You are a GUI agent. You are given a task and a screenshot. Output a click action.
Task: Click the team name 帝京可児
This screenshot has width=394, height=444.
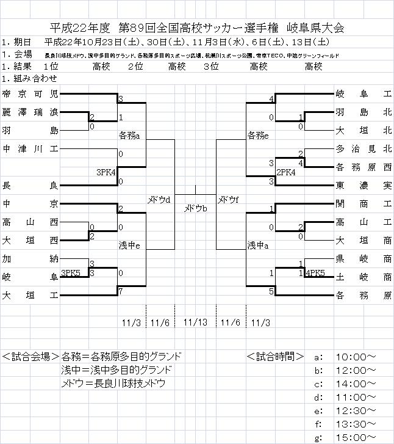pos(30,94)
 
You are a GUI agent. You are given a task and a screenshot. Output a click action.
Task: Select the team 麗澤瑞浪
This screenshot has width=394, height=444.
pos(30,113)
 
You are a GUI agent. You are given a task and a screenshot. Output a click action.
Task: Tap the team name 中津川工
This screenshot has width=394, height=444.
pos(30,148)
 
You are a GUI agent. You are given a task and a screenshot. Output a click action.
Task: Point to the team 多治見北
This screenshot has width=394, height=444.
pos(363,148)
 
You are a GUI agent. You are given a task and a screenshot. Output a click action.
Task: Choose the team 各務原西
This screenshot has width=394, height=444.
pos(363,167)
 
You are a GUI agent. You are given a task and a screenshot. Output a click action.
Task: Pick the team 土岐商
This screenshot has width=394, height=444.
pos(363,277)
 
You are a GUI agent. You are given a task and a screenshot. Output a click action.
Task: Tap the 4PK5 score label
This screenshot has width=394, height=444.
pos(315,273)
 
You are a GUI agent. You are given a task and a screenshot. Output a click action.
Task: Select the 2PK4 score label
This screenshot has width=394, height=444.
pos(286,172)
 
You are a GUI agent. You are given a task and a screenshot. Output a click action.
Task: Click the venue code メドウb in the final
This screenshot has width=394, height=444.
pos(196,209)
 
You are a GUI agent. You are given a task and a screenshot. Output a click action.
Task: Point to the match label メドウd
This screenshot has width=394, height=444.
pos(159,200)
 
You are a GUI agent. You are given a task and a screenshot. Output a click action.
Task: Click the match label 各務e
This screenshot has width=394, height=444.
pos(258,136)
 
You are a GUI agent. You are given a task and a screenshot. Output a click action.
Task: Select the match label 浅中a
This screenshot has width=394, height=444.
pos(257,246)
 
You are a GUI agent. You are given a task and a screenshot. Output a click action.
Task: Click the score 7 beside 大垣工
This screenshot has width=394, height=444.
pos(121,291)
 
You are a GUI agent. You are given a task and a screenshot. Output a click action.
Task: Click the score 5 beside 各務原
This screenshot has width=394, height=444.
pos(271,291)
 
